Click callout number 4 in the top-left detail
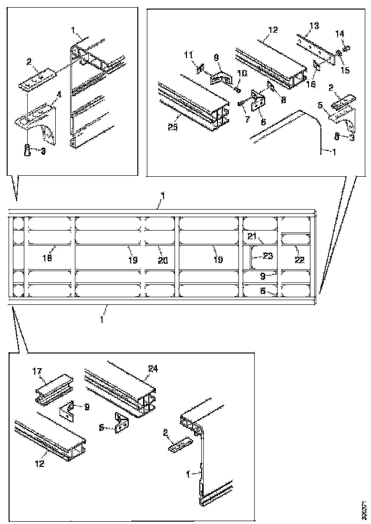coord(59,95)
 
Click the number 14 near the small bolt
coord(340,34)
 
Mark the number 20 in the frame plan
coord(163,260)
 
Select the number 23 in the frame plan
coord(268,256)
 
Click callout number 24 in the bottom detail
coord(153,368)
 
